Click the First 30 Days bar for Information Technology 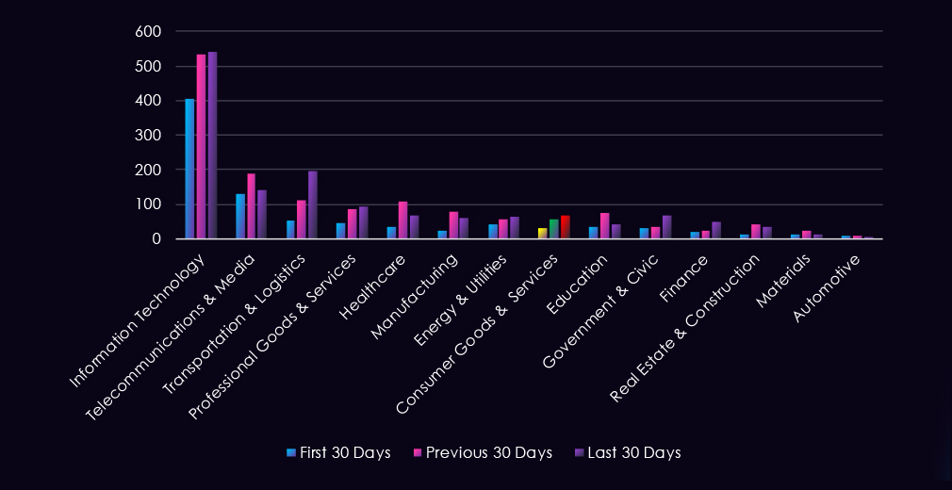pos(189,169)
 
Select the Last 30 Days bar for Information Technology pos(212,145)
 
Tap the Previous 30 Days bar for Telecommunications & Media pos(252,206)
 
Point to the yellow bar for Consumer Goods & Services pos(542,233)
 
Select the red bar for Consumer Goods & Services pos(565,227)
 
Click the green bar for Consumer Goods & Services pos(553,229)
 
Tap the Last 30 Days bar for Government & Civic pos(666,227)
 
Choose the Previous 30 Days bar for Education pos(604,226)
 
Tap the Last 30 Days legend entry pos(632,452)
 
